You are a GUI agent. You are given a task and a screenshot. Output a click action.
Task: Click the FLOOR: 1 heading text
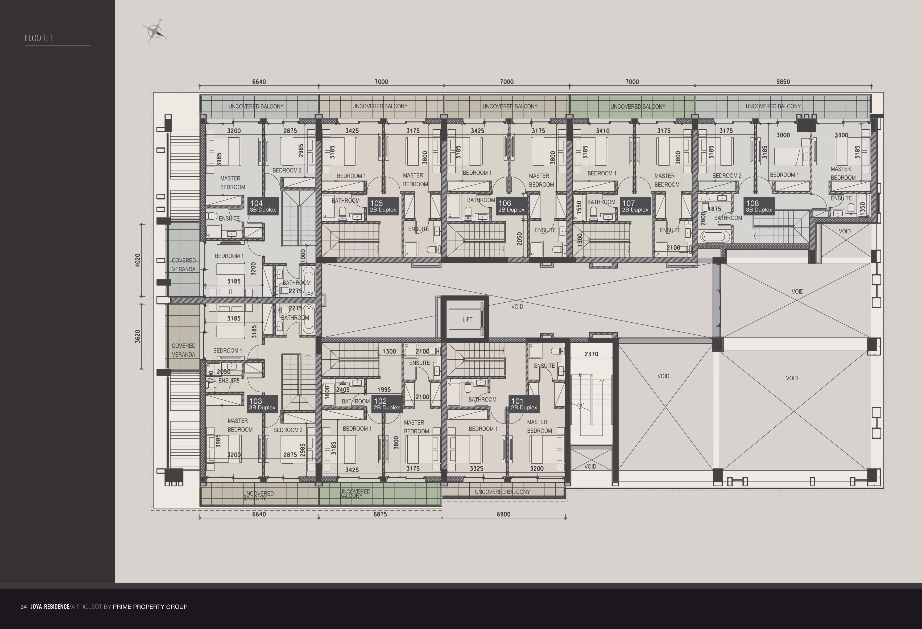[x=39, y=38]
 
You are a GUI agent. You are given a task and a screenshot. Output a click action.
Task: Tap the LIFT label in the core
[x=467, y=319]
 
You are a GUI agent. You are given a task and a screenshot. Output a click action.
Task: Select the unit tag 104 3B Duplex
[x=262, y=206]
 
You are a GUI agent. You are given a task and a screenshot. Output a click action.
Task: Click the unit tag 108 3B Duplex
[x=759, y=206]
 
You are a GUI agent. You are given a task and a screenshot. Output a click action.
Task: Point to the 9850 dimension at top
[x=783, y=82]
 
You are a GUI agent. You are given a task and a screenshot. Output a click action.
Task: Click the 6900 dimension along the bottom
[x=503, y=514]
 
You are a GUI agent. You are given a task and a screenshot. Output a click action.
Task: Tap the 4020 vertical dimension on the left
[x=138, y=260]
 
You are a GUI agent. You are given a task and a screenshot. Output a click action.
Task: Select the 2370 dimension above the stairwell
[x=591, y=354]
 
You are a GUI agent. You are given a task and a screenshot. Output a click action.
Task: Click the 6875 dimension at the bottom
[x=380, y=514]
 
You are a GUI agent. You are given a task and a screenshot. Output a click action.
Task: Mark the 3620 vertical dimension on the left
[x=138, y=336]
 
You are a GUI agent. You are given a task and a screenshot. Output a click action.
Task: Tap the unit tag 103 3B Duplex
[x=262, y=404]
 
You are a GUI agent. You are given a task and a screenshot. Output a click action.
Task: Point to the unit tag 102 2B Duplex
[x=386, y=404]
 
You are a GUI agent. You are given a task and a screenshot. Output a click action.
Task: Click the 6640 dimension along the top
[x=259, y=82]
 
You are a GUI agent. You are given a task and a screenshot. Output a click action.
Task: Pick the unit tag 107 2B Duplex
[x=635, y=206]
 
